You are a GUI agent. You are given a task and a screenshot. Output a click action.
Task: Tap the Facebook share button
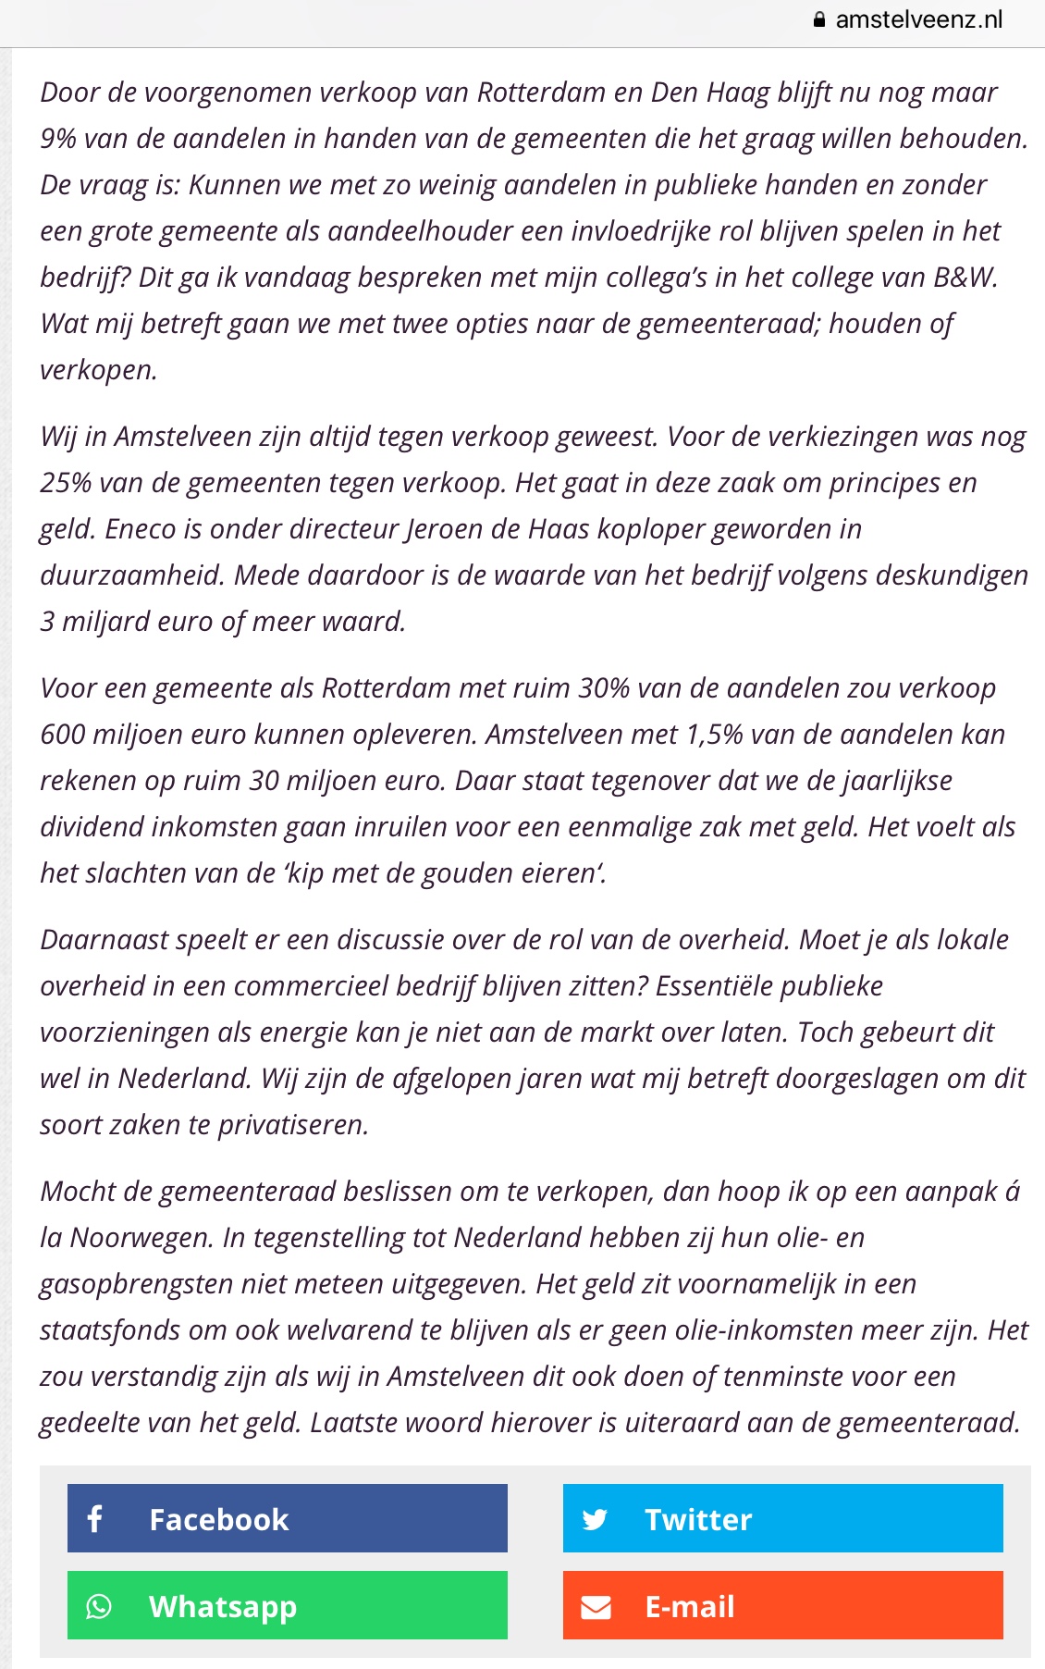pyautogui.click(x=287, y=1518)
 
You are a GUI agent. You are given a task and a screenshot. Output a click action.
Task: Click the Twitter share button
pyautogui.click(x=782, y=1518)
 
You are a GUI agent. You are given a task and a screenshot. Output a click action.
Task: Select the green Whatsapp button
pyautogui.click(x=287, y=1605)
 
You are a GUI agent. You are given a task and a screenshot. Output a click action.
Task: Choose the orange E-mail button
pyautogui.click(x=782, y=1605)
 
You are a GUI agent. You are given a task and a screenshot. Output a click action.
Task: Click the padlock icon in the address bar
pyautogui.click(x=819, y=20)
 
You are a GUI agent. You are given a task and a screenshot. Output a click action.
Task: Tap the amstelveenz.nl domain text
pyautogui.click(x=918, y=20)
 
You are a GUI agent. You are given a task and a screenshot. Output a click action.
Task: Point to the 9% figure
pyautogui.click(x=57, y=139)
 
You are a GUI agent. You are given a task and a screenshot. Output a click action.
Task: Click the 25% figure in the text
pyautogui.click(x=66, y=483)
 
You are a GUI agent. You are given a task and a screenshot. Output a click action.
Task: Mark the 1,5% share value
pyautogui.click(x=714, y=735)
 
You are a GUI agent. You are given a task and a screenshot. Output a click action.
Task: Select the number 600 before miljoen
pyautogui.click(x=62, y=735)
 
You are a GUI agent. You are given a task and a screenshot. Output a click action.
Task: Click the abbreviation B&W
pyautogui.click(x=964, y=278)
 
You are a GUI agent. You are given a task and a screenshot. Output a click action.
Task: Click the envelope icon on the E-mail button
pyautogui.click(x=596, y=1607)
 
